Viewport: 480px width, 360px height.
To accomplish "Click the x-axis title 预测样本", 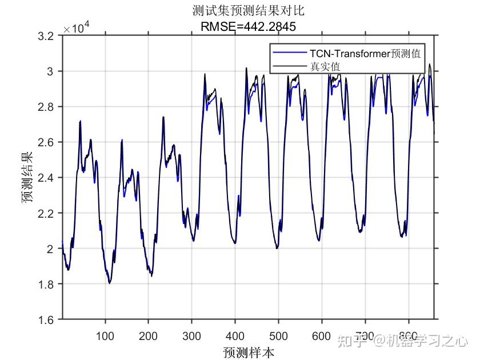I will (249, 351).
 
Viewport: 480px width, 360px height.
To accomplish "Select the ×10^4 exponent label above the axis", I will (77, 27).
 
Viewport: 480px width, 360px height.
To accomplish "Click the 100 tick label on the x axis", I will (105, 335).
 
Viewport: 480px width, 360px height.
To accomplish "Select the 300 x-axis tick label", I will (192, 335).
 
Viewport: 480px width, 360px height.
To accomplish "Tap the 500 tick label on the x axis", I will (278, 335).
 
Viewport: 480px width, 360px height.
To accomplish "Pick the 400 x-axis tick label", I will (235, 335).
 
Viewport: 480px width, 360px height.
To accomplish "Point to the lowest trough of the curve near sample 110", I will (109, 283).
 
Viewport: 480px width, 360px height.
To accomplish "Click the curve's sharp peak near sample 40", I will (80, 121).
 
